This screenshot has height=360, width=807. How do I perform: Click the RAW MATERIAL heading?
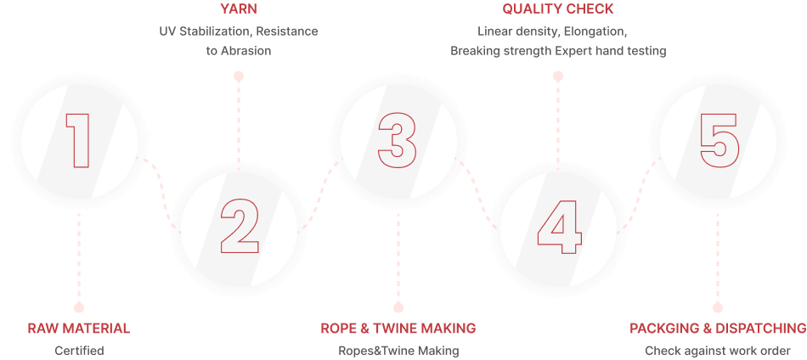[79, 329]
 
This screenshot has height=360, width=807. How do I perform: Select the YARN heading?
[239, 10]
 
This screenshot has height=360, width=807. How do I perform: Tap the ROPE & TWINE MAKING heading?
[398, 329]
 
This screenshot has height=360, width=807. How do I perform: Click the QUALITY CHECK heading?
[558, 10]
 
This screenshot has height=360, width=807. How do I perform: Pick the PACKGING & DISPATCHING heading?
[718, 329]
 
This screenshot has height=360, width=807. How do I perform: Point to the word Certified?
[79, 350]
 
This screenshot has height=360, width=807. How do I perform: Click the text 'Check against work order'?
[718, 350]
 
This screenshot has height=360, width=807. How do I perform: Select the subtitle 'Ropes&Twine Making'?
[398, 350]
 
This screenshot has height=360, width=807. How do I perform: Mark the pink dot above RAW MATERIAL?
[79, 307]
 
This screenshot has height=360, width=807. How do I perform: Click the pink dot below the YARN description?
[239, 76]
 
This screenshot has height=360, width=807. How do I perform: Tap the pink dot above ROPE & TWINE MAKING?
[398, 307]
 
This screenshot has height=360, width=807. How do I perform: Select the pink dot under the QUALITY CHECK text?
[558, 76]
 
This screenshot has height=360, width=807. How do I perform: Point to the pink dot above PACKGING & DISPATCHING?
[718, 307]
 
